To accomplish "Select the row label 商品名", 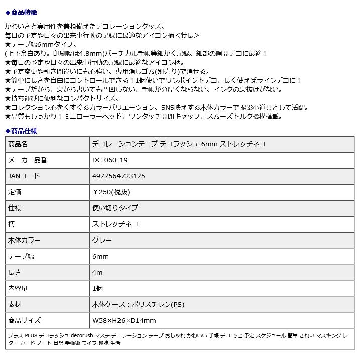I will [18, 144].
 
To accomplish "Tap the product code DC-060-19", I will [110, 160].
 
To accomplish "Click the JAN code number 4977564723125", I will [119, 176].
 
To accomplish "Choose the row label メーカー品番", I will [28, 160].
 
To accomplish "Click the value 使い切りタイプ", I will [115, 208].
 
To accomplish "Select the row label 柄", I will [12, 224].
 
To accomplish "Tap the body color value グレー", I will [102, 240].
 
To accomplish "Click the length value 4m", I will [97, 272].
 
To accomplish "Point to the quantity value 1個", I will [97, 288].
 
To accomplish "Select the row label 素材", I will [15, 304].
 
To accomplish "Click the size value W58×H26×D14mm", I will [124, 320].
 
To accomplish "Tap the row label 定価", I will [15, 192].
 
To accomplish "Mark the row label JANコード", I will [24, 176].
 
